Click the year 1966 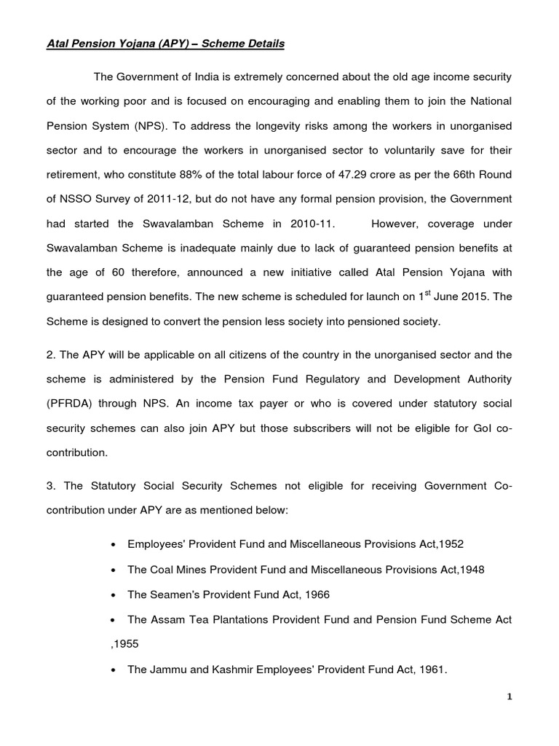tap(317, 594)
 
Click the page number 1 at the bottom tap(510, 697)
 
